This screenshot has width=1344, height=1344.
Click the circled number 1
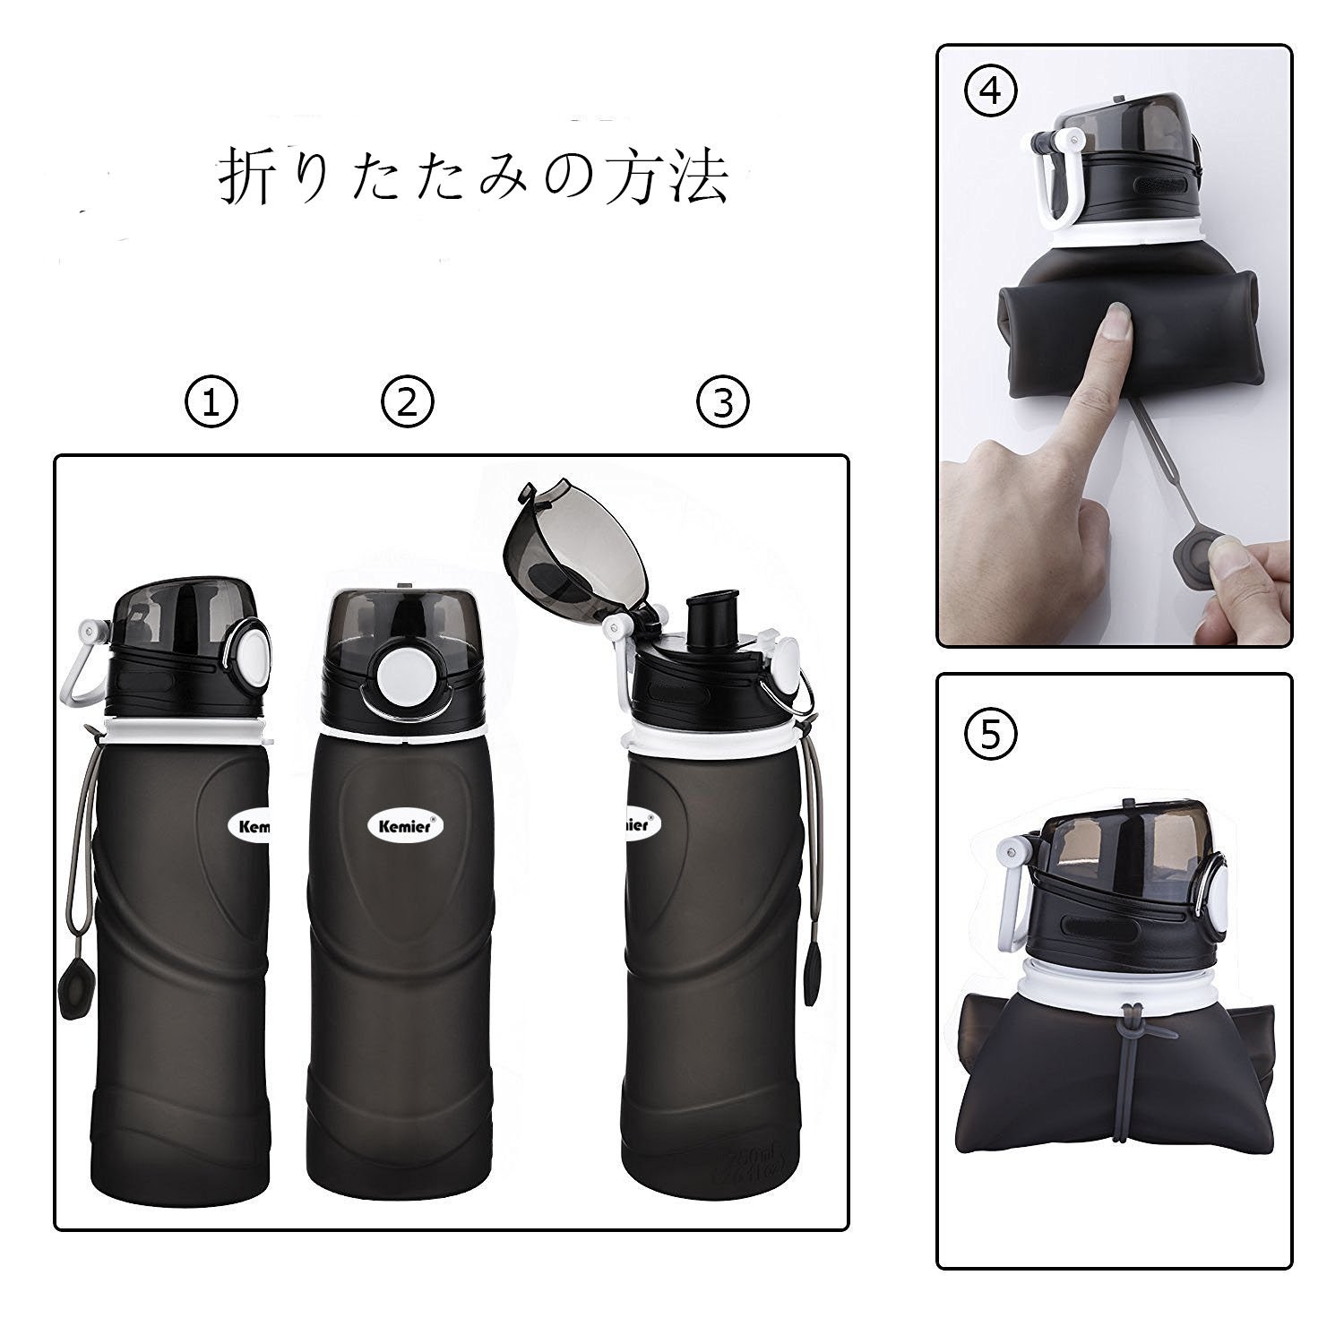[x=211, y=403]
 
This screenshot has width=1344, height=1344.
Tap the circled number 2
[x=408, y=403]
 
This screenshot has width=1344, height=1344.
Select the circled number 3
[x=723, y=403]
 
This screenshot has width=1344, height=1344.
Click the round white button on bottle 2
[x=404, y=673]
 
